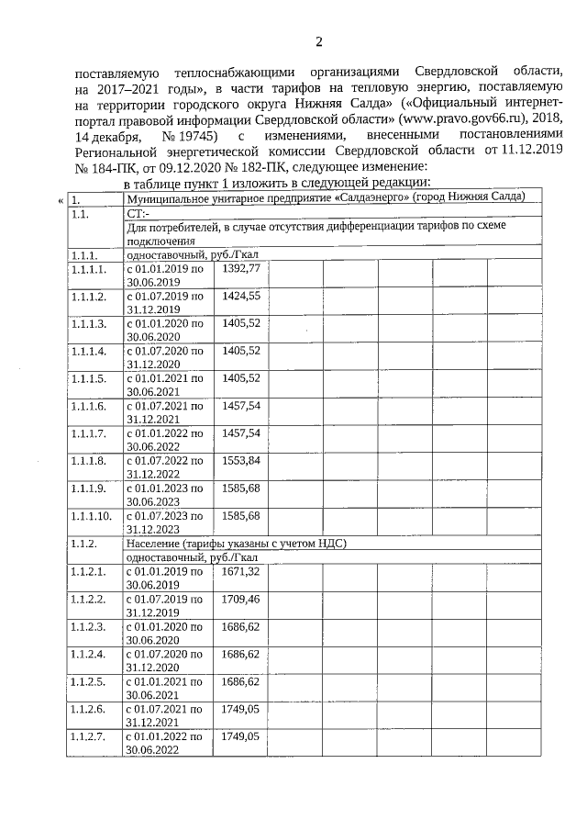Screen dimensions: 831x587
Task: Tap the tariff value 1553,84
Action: click(242, 460)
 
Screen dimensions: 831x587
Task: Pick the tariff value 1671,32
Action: click(242, 571)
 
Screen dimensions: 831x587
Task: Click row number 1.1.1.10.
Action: click(91, 515)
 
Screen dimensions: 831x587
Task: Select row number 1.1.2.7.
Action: click(88, 736)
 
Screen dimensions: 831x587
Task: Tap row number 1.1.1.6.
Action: click(88, 405)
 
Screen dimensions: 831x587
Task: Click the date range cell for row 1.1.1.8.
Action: click(164, 466)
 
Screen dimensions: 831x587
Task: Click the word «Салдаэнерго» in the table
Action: click(373, 197)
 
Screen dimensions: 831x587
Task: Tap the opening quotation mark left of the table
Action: click(61, 198)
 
